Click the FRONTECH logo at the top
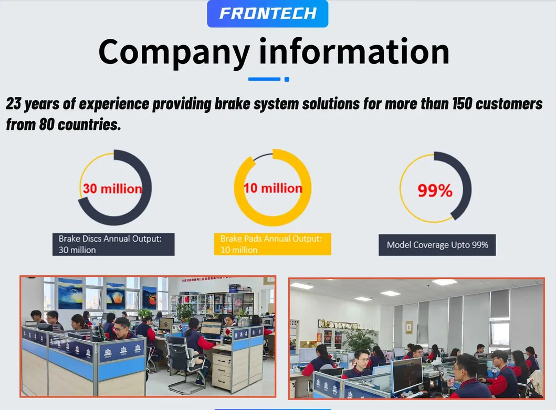[x=268, y=14]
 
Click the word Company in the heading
[x=174, y=53]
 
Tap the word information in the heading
[x=354, y=52]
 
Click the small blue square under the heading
[x=287, y=79]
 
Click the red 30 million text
[x=112, y=189]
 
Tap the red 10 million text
[x=272, y=188]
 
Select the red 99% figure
[x=435, y=190]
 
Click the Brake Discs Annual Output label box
[x=113, y=244]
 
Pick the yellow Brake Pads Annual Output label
[x=272, y=244]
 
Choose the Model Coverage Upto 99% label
[x=437, y=245]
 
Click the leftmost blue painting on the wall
[x=70, y=294]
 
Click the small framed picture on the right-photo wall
[x=409, y=327]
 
